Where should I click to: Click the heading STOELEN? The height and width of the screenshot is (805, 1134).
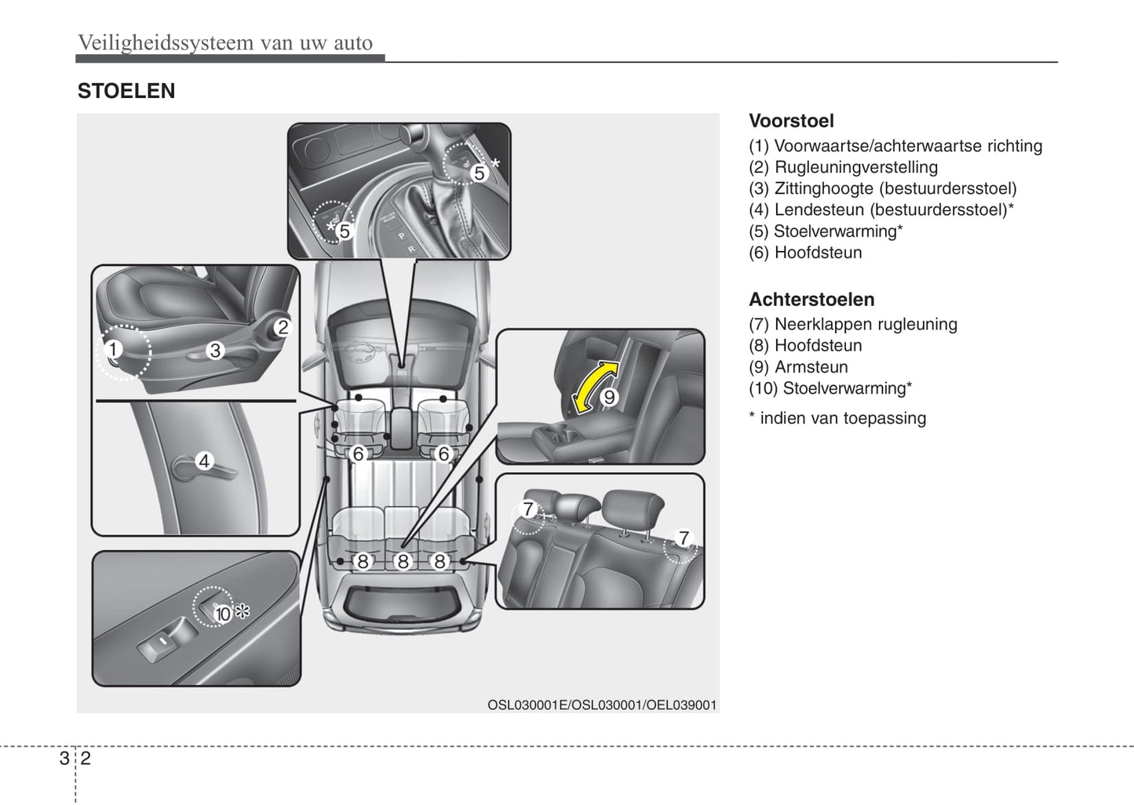(x=126, y=91)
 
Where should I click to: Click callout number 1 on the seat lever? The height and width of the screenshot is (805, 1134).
(x=114, y=349)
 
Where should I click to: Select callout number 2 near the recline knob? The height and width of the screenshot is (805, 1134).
(x=283, y=327)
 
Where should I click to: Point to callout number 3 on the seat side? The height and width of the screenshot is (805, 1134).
(x=215, y=351)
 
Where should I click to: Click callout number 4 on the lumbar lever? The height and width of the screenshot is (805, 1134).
(x=204, y=461)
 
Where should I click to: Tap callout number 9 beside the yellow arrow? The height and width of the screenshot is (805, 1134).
(x=609, y=397)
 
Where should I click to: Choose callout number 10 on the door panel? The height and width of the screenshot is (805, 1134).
(x=224, y=614)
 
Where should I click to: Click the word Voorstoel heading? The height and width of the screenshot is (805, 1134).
(x=791, y=121)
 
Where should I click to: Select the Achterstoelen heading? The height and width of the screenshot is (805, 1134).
(x=811, y=300)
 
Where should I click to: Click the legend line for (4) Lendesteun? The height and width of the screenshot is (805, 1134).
(x=881, y=210)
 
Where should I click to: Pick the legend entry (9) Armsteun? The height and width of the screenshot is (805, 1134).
(x=798, y=367)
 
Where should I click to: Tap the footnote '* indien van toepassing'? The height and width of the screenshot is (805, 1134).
(x=837, y=418)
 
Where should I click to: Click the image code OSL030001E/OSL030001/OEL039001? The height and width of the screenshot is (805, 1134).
(x=602, y=705)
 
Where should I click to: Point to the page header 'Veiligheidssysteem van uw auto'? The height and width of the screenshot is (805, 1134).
(x=225, y=43)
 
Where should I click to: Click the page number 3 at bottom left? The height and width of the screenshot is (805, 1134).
(x=64, y=758)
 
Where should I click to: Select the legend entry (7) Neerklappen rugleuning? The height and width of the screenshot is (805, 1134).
(x=853, y=324)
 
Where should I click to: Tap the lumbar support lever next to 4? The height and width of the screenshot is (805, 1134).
(x=188, y=468)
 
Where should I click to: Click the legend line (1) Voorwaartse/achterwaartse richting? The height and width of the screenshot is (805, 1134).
(x=895, y=146)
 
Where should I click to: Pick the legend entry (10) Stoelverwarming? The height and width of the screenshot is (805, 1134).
(x=830, y=388)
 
